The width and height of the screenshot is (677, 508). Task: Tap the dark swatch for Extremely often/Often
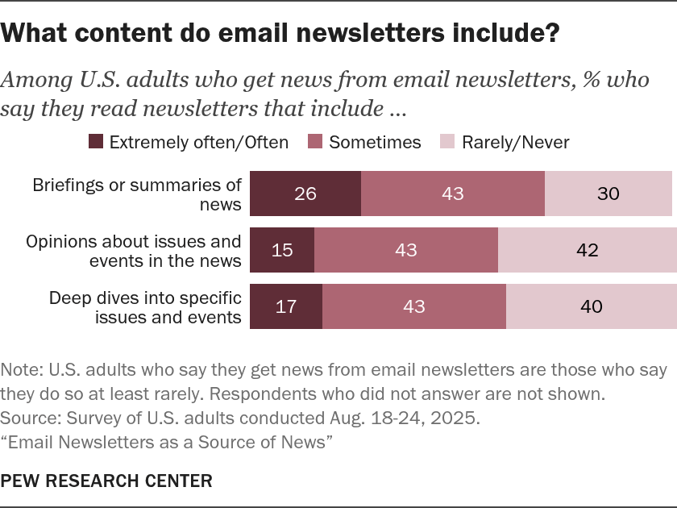point(96,142)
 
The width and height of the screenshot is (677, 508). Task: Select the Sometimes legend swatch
point(316,142)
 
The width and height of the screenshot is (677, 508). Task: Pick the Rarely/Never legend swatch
point(448,142)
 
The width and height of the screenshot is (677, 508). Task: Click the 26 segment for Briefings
point(305,194)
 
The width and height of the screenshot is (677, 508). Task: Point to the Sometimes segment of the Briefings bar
point(453,194)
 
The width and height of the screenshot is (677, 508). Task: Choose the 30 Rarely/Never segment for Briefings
point(608,194)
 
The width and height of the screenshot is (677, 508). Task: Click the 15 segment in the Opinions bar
point(282,250)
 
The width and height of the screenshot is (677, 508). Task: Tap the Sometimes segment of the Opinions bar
point(406,250)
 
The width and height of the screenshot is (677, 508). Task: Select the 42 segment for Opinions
point(588,250)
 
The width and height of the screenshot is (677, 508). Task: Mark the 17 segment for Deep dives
point(286,306)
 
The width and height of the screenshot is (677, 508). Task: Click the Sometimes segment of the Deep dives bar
point(414,306)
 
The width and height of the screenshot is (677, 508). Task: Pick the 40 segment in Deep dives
point(592,306)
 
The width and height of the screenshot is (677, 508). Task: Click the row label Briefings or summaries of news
point(137,194)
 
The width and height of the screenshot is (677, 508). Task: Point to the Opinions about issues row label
point(134,250)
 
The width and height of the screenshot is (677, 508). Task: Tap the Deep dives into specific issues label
point(145,306)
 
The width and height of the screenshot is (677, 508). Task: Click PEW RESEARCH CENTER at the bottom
point(106,481)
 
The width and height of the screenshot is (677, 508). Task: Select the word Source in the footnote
point(25,418)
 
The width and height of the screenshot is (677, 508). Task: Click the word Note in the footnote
point(19,370)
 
